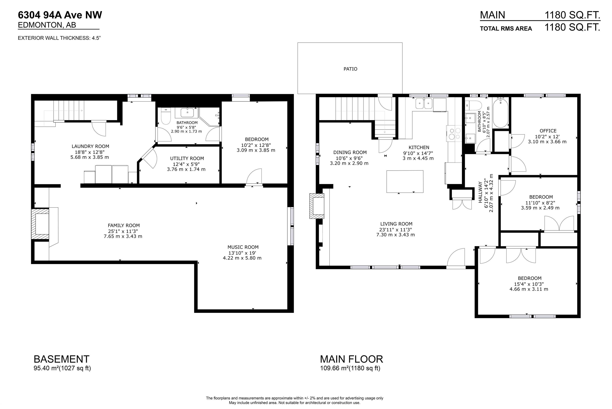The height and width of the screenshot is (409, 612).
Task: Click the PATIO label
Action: pyautogui.click(x=350, y=69)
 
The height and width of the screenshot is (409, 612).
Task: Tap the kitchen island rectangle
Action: pyautogui.click(x=405, y=181)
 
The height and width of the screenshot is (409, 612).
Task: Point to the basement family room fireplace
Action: pyautogui.click(x=41, y=224)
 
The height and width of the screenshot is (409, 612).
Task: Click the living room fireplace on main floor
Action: pyautogui.click(x=317, y=206)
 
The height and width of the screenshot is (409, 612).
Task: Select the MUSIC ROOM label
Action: pyautogui.click(x=243, y=247)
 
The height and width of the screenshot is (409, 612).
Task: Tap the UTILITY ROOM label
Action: pyautogui.click(x=187, y=158)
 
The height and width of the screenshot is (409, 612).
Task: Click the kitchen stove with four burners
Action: pyautogui.click(x=454, y=134)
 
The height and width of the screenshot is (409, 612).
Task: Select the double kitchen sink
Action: pyautogui.click(x=424, y=104)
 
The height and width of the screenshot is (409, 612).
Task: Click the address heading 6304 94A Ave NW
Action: pyautogui.click(x=60, y=15)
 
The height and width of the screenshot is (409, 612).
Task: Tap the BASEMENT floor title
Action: pyautogui.click(x=62, y=359)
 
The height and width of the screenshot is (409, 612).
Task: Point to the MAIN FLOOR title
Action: pyautogui.click(x=351, y=359)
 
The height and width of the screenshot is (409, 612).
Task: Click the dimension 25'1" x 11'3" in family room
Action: pyautogui.click(x=123, y=231)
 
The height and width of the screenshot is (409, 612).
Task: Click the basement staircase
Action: pyautogui.click(x=69, y=111)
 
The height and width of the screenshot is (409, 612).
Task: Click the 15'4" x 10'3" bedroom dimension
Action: pyautogui.click(x=529, y=284)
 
